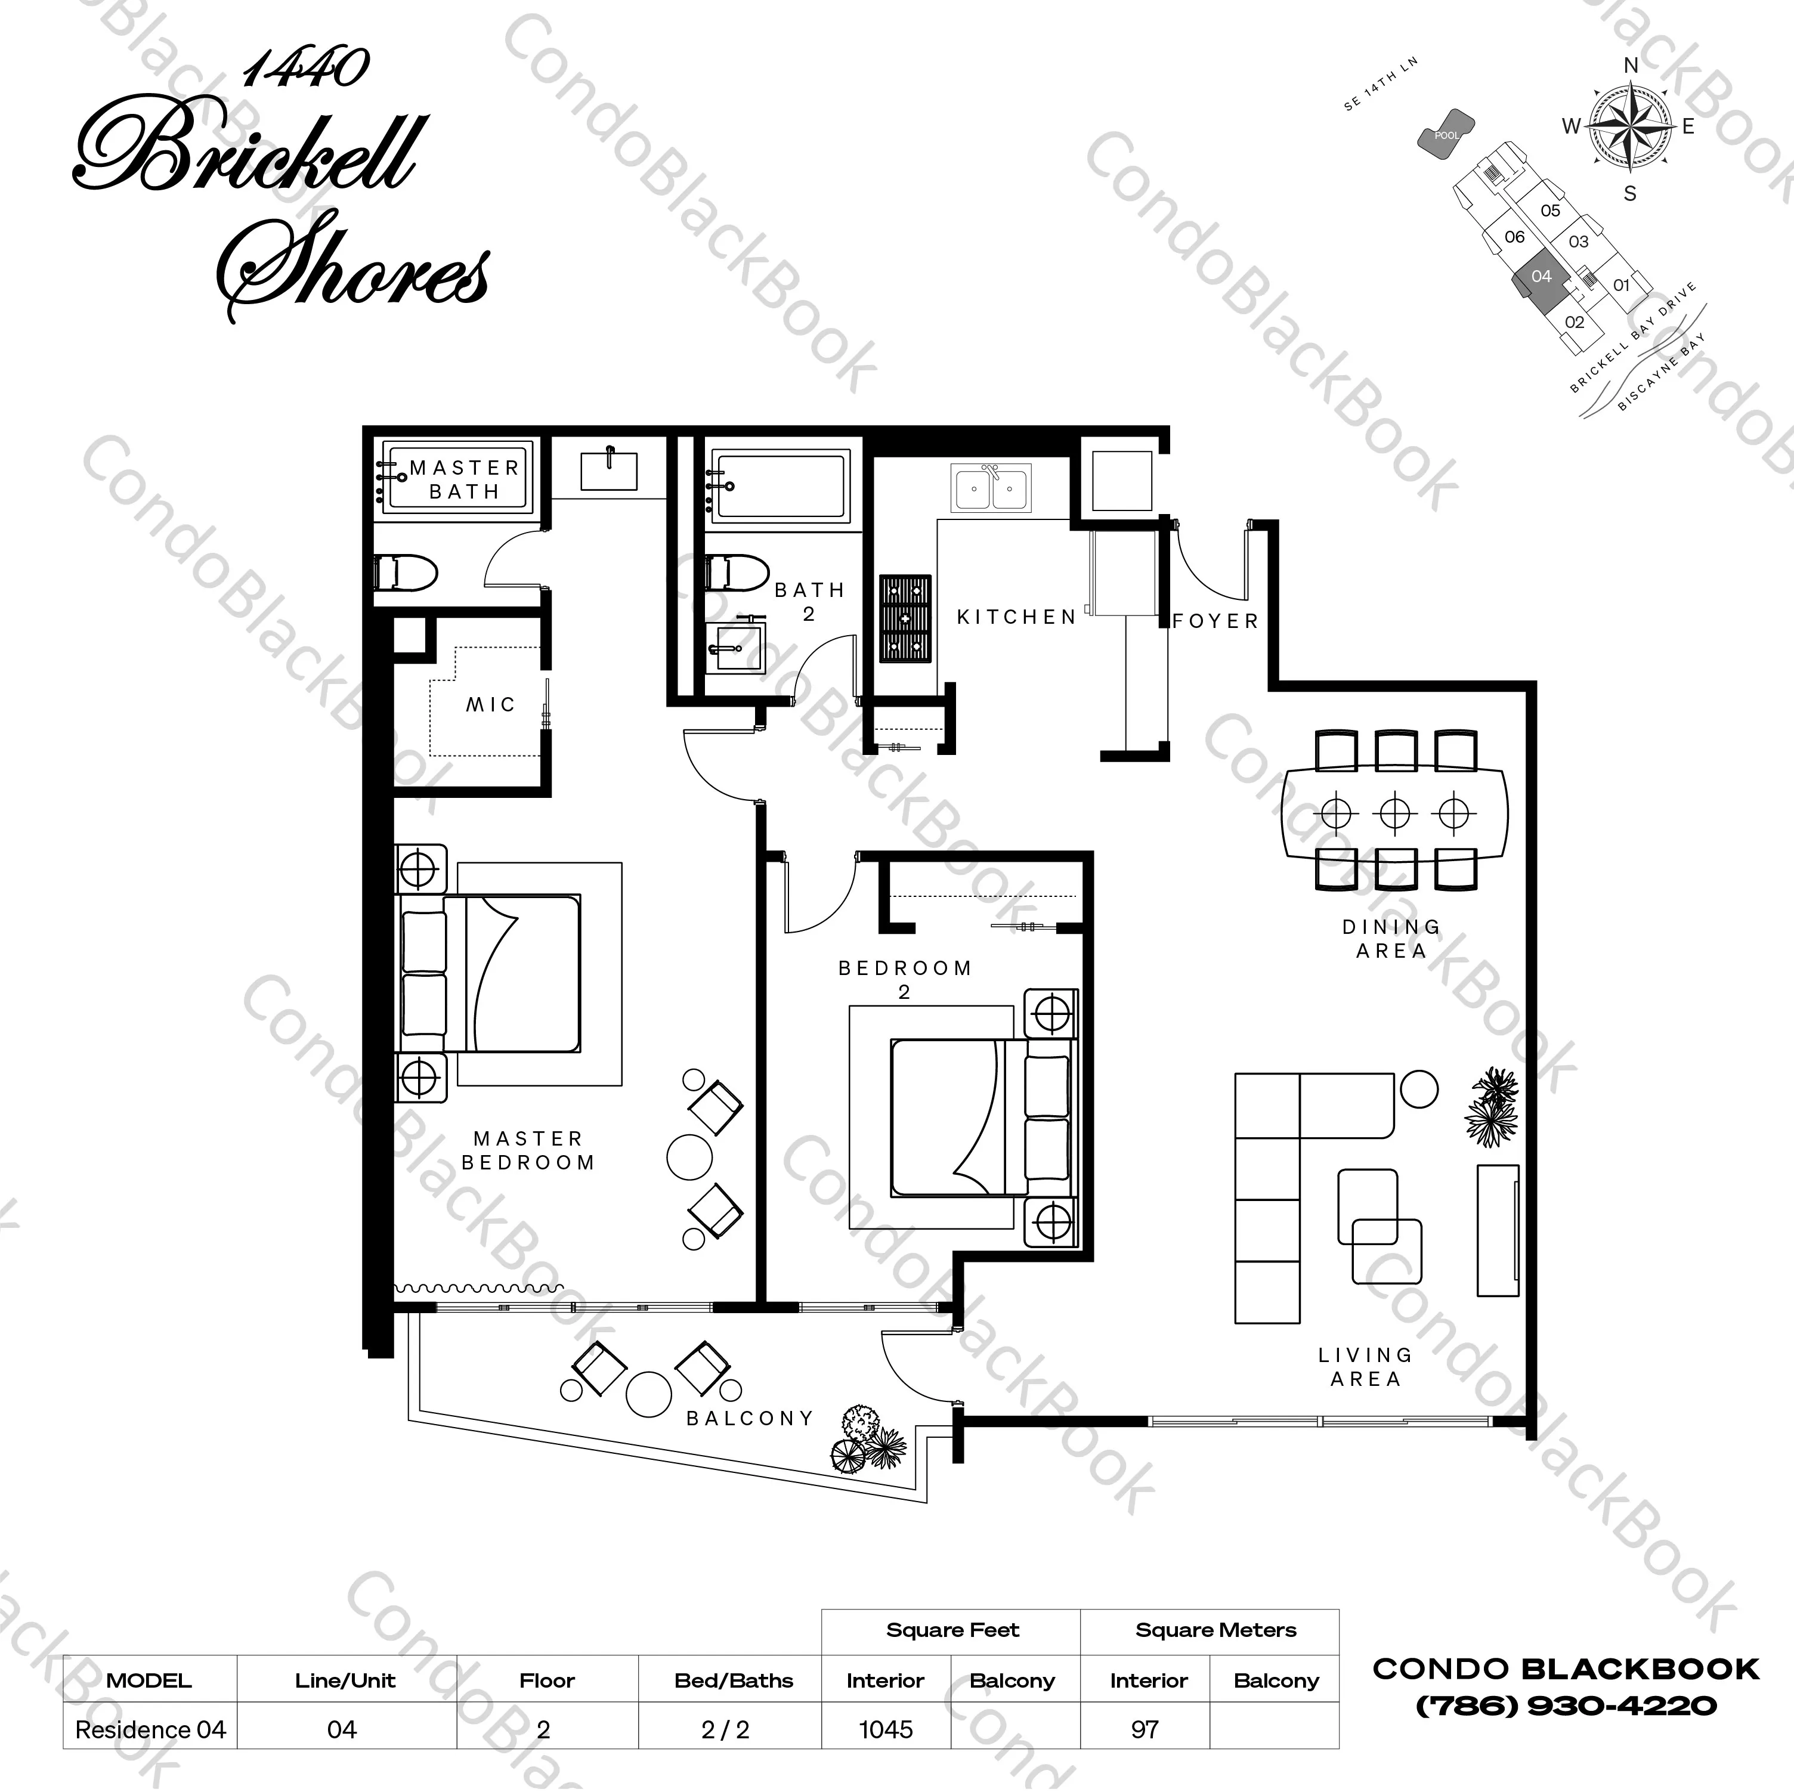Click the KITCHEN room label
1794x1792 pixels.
click(1016, 617)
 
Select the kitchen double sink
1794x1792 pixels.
click(991, 488)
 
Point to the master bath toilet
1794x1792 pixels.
click(405, 574)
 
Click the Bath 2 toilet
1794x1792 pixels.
click(737, 573)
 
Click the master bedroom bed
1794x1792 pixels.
click(491, 973)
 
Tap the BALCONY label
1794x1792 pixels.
click(749, 1418)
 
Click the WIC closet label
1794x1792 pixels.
click(490, 705)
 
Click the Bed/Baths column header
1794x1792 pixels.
click(734, 1680)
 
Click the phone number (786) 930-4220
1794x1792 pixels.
click(1566, 1706)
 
